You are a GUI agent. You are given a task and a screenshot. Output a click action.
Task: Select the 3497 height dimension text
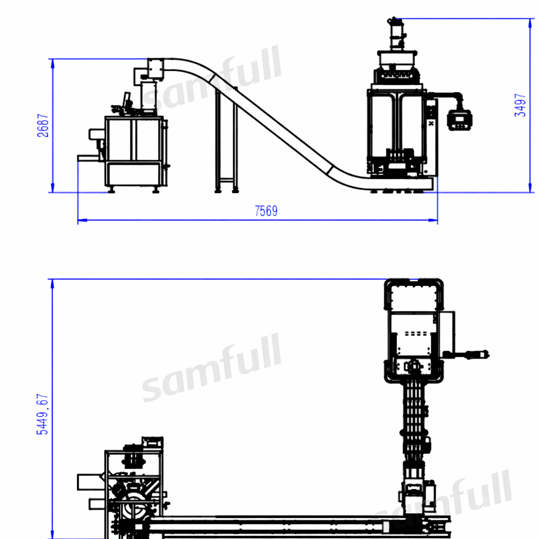[x=520, y=105]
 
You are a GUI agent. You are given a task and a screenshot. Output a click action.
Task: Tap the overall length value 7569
[x=266, y=211]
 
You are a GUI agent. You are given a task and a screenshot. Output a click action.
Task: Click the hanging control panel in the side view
[x=461, y=120]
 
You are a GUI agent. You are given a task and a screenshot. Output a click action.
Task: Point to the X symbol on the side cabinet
[x=431, y=124]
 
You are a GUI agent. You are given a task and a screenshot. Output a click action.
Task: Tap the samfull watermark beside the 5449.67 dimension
[x=211, y=368]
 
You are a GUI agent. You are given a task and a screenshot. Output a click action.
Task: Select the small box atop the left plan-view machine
[x=152, y=442]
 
